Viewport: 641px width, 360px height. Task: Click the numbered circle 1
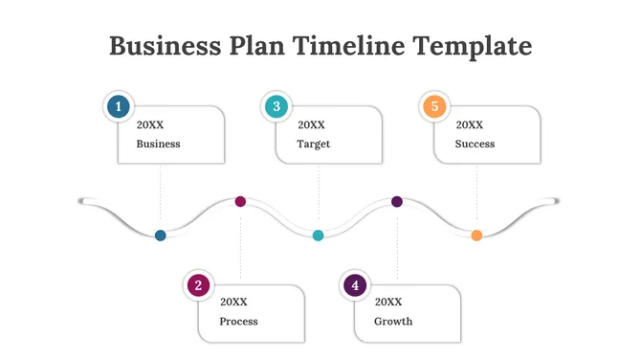pos(119,107)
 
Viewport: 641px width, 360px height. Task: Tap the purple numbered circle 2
pos(198,284)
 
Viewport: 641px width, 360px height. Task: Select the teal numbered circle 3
pos(276,107)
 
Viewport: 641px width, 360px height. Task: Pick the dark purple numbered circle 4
pos(355,284)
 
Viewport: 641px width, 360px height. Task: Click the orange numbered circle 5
pos(434,107)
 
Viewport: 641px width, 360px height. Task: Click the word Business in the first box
pos(158,144)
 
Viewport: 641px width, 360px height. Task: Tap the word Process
pos(238,321)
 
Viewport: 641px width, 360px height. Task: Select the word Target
pos(314,144)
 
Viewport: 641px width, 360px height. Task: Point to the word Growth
pos(393,321)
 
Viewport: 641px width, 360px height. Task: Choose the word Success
pos(475,144)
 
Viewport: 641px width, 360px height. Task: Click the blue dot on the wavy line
pos(161,235)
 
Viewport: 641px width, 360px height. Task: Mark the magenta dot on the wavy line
pos(240,201)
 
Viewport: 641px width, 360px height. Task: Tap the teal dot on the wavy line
pos(319,235)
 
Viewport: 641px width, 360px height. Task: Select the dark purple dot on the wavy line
pos(397,201)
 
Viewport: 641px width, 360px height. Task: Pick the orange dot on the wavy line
pos(476,235)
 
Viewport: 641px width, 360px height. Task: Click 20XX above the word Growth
pos(388,302)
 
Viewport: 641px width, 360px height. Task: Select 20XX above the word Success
pos(469,124)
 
